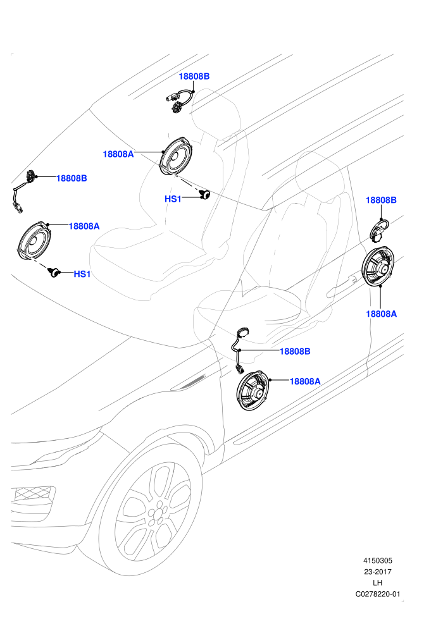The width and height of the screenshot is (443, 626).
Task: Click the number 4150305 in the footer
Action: point(377,560)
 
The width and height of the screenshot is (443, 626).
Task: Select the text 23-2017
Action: point(377,572)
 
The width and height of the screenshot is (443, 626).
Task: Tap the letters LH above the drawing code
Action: point(377,583)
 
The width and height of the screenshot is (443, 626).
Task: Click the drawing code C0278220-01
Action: point(377,594)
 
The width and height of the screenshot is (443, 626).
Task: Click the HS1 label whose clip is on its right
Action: point(173,199)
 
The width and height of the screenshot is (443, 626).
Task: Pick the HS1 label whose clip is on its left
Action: point(82,274)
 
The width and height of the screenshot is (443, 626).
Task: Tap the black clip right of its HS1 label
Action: point(204,195)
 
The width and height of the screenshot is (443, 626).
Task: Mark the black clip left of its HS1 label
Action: point(54,273)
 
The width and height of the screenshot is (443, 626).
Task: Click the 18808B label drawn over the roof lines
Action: point(194,77)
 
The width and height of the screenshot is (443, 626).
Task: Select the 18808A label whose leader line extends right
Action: point(118,154)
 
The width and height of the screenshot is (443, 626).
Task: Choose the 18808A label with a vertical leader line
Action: point(382,314)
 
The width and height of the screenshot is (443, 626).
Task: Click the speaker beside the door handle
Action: point(378,266)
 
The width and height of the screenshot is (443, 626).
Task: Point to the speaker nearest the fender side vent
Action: point(253,390)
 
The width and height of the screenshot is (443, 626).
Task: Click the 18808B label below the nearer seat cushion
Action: point(295,352)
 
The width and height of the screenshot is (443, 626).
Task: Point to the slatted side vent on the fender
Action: point(189,383)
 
